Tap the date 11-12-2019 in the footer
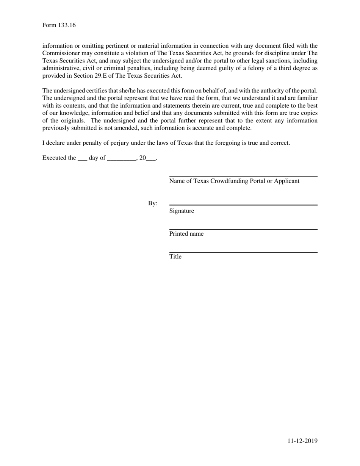(x=302, y=441)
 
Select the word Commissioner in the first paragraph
(x=60, y=53)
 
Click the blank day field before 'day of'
(x=82, y=158)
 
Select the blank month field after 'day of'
(x=122, y=158)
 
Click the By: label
(x=153, y=204)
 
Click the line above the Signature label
(x=243, y=205)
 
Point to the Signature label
(x=182, y=211)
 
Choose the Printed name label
(x=186, y=234)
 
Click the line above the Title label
(x=243, y=252)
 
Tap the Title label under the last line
(x=175, y=257)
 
